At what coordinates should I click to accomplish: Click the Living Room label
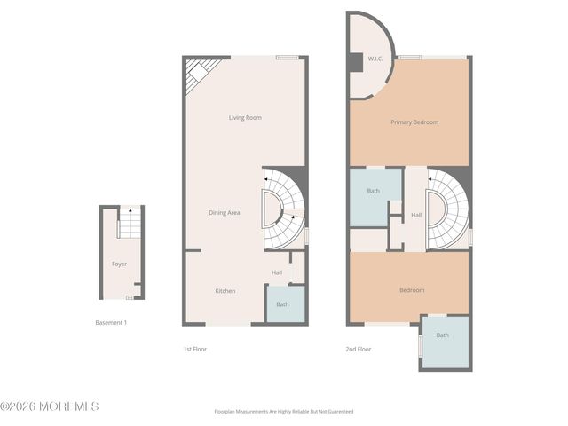coord(245,117)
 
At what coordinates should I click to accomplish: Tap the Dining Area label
coord(224,212)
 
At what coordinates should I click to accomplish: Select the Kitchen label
coord(225,291)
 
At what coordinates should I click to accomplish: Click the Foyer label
coord(119,264)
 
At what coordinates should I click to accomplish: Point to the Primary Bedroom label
coord(414,122)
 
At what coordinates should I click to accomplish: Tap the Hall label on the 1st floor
coord(277,272)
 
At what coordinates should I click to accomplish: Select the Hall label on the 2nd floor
coord(416,215)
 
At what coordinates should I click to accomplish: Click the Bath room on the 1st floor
coord(282,304)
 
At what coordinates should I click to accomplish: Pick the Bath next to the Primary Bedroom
coord(374,191)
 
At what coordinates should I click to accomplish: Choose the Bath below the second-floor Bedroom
coord(442,335)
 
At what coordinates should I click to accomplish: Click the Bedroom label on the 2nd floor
coord(412,290)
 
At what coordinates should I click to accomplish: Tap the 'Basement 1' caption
coord(111,323)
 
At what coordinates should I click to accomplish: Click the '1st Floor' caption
coord(194,349)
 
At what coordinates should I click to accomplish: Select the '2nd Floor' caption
coord(359,349)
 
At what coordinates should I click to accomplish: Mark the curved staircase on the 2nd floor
coord(450,210)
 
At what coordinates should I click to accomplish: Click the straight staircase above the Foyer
coord(129,224)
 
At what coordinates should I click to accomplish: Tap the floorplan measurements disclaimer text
coord(284,412)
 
